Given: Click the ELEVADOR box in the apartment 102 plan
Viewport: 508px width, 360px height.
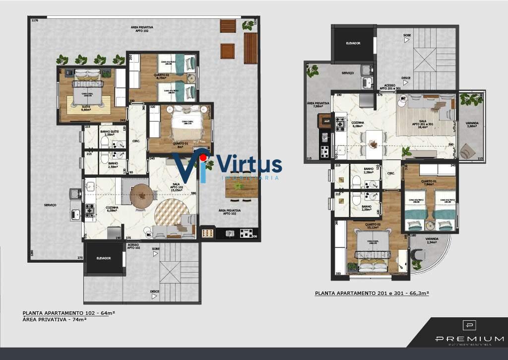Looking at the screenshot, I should [104, 258].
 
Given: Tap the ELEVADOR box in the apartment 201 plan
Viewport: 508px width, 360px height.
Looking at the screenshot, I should [353, 44].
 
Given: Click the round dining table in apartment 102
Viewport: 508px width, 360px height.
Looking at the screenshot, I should [140, 195].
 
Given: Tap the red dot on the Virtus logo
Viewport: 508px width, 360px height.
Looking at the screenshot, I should [202, 158].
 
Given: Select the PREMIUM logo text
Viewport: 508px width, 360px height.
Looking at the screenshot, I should [469, 339].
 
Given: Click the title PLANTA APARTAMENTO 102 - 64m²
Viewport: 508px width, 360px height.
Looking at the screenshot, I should [68, 313].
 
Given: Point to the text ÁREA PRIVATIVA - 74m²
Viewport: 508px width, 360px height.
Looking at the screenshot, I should [55, 319].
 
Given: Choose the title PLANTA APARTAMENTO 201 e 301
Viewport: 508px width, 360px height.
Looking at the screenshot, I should [372, 293].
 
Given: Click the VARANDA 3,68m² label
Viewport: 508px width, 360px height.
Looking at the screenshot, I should [472, 125].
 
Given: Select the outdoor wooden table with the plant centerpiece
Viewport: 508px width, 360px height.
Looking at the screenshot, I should [241, 186].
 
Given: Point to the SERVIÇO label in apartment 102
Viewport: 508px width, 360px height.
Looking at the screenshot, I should [50, 205].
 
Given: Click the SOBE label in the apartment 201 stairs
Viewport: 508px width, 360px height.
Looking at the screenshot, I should [407, 36].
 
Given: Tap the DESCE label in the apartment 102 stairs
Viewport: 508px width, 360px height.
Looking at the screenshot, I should [155, 291].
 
